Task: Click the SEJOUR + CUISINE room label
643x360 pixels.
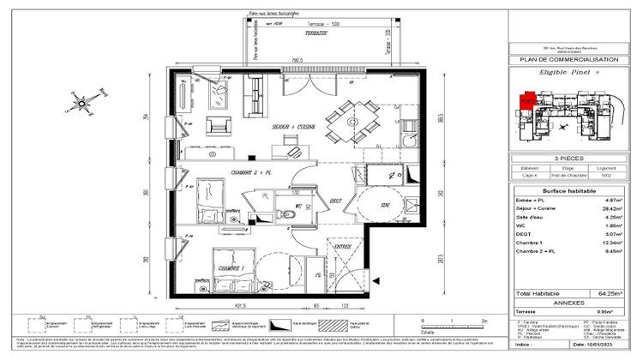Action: coord(292,127)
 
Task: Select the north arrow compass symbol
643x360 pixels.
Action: coord(81,105)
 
